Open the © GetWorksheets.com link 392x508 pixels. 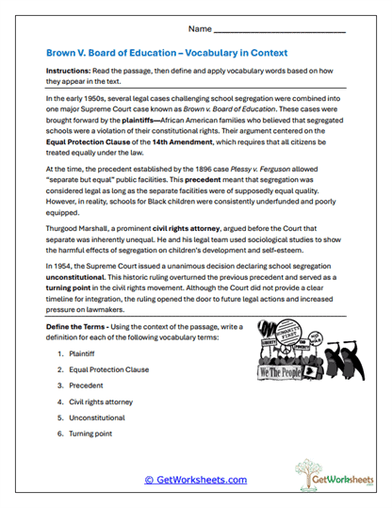click(x=195, y=479)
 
